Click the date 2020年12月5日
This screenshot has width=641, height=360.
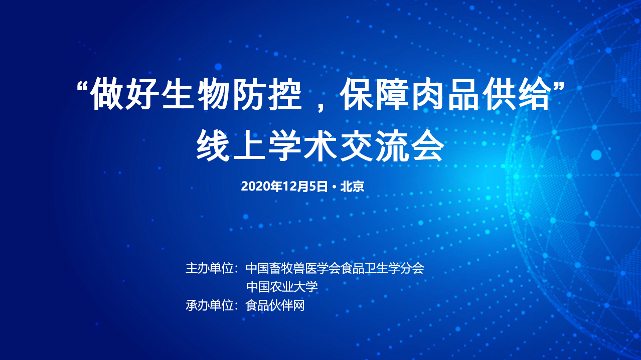tap(284, 187)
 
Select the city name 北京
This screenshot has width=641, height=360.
tap(352, 187)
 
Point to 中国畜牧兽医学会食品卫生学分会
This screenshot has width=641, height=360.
tap(335, 268)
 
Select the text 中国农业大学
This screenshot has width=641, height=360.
tap(282, 287)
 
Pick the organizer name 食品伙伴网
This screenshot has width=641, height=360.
tap(275, 305)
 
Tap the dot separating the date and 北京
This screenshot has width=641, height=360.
tap(334, 187)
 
